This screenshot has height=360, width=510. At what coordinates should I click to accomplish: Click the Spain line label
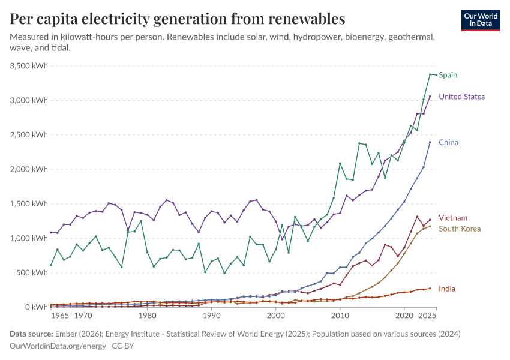point(448,75)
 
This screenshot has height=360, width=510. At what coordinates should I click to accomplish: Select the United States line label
point(461,97)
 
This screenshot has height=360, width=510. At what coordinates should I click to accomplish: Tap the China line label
point(448,143)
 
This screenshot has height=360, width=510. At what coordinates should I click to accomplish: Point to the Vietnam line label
point(452,218)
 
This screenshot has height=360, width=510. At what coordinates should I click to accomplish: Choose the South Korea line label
point(460,229)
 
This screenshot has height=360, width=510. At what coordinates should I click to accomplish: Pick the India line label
point(446,289)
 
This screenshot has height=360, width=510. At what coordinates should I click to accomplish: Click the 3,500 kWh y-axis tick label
point(29,65)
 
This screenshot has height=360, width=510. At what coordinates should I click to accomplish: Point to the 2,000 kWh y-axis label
point(29,169)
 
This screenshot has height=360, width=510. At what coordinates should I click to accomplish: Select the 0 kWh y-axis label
point(37,307)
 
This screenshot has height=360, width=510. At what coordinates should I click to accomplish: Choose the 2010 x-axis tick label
point(340,315)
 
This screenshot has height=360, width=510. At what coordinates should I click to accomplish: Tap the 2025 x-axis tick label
point(427,315)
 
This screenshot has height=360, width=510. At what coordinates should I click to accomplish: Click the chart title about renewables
point(178,19)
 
